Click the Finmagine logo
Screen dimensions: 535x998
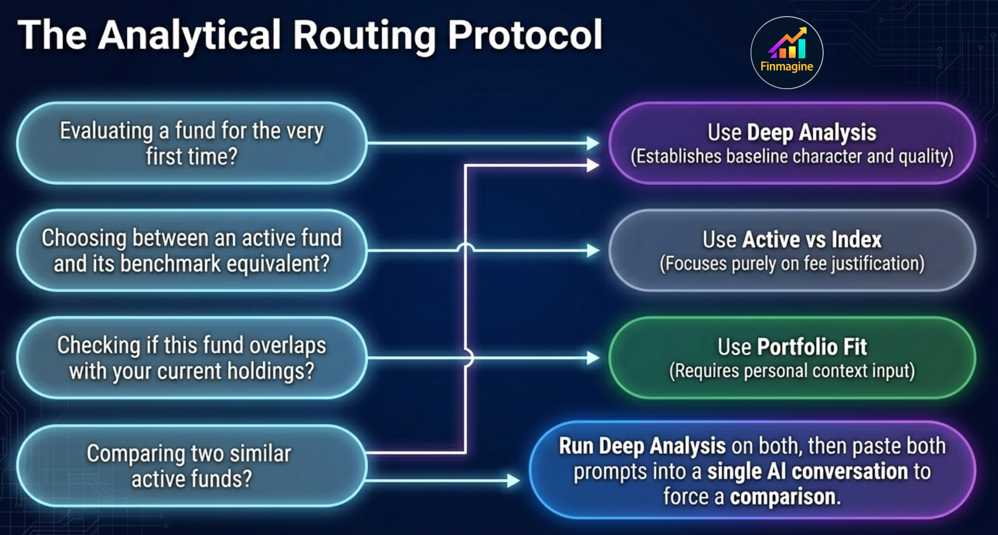pyautogui.click(x=787, y=53)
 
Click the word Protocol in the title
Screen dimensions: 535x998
pyautogui.click(x=525, y=35)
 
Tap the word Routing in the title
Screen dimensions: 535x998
pyautogui.click(x=365, y=35)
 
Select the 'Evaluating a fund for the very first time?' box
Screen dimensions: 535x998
pyautogui.click(x=191, y=143)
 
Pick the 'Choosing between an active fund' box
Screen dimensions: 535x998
pyautogui.click(x=191, y=250)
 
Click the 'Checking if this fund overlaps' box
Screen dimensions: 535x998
pyautogui.click(x=191, y=358)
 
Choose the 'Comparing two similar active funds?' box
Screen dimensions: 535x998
pyautogui.click(x=191, y=465)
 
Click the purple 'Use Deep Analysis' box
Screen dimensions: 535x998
pyautogui.click(x=792, y=143)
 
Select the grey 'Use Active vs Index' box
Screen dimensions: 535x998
pyautogui.click(x=792, y=250)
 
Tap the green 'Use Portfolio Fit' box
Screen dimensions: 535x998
pyautogui.click(x=792, y=358)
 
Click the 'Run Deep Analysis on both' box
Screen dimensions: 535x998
pyautogui.click(x=752, y=470)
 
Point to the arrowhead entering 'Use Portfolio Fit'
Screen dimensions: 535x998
pyautogui.click(x=593, y=358)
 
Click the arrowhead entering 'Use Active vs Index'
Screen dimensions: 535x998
pyautogui.click(x=593, y=250)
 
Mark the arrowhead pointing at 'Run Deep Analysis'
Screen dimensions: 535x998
pyautogui.click(x=513, y=480)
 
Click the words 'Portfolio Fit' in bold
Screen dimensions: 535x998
pyautogui.click(x=812, y=347)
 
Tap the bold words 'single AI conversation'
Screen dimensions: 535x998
pyautogui.click(x=807, y=472)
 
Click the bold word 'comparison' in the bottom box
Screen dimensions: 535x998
pyautogui.click(x=783, y=497)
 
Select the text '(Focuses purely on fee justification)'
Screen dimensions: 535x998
pyautogui.click(x=792, y=263)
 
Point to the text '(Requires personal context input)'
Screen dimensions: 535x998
pyautogui.click(x=792, y=371)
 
